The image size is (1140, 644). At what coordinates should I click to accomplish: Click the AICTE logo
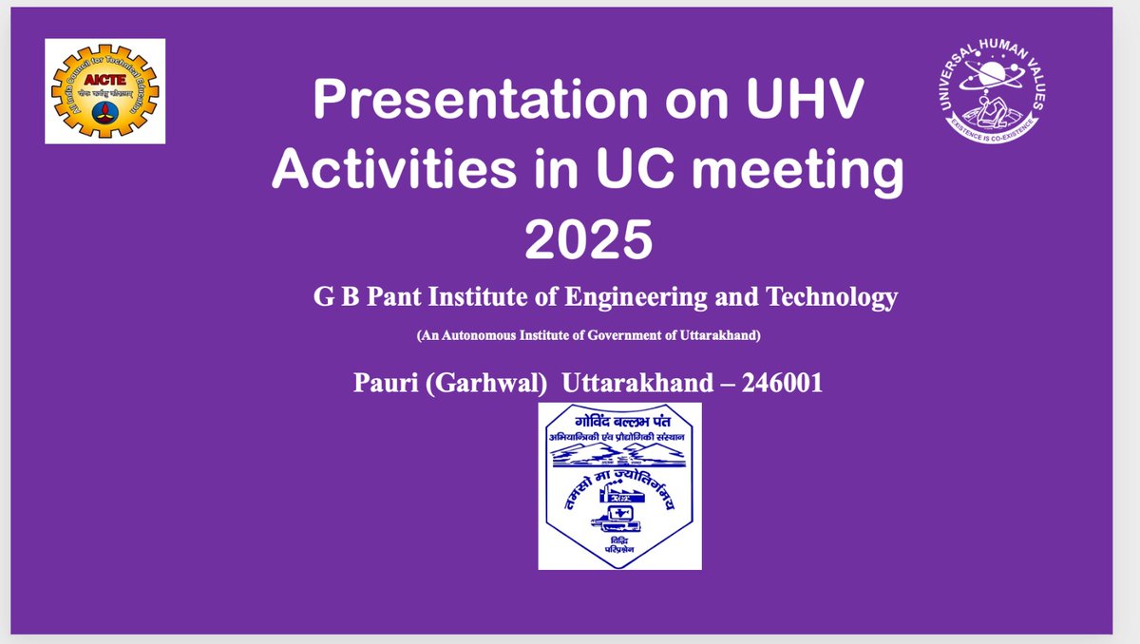pyautogui.click(x=105, y=91)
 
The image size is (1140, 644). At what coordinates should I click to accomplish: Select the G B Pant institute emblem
pyautogui.click(x=619, y=485)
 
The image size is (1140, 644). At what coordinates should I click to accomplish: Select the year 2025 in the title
pyautogui.click(x=589, y=240)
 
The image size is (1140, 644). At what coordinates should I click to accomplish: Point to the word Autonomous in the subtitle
pyautogui.click(x=473, y=335)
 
